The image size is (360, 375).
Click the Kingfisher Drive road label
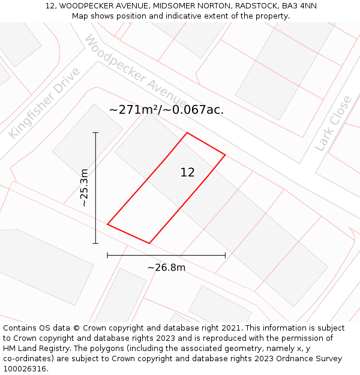click(44, 103)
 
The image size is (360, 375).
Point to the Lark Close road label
click(334, 123)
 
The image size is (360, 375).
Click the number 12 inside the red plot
click(187, 173)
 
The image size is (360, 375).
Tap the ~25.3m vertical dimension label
click(85, 188)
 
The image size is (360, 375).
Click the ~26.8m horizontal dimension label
click(166, 268)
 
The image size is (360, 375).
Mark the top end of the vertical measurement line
click(95, 133)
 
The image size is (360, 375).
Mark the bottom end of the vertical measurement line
click(95, 243)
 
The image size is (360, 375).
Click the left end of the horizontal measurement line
click(107, 255)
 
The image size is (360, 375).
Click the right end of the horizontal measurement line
click(225, 255)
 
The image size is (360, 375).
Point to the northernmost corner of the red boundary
click(187, 133)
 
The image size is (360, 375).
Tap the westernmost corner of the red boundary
click(107, 224)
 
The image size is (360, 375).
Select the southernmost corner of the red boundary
click(149, 243)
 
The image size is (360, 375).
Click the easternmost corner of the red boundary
click(225, 155)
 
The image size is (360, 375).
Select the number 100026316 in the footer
click(24, 369)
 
